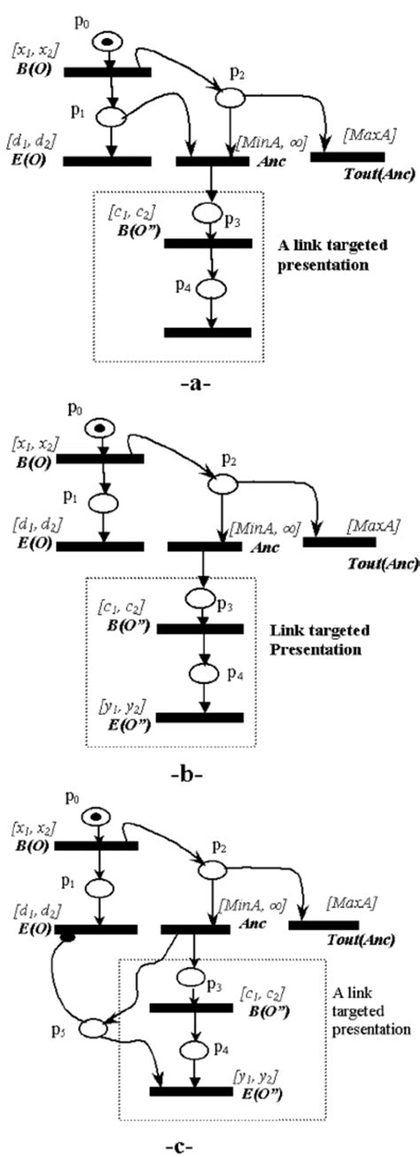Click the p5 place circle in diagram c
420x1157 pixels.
[x=91, y=1029]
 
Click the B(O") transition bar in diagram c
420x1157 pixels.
[x=191, y=1008]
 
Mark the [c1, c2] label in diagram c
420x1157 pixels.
[x=266, y=992]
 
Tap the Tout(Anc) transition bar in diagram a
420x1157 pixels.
[x=346, y=157]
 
